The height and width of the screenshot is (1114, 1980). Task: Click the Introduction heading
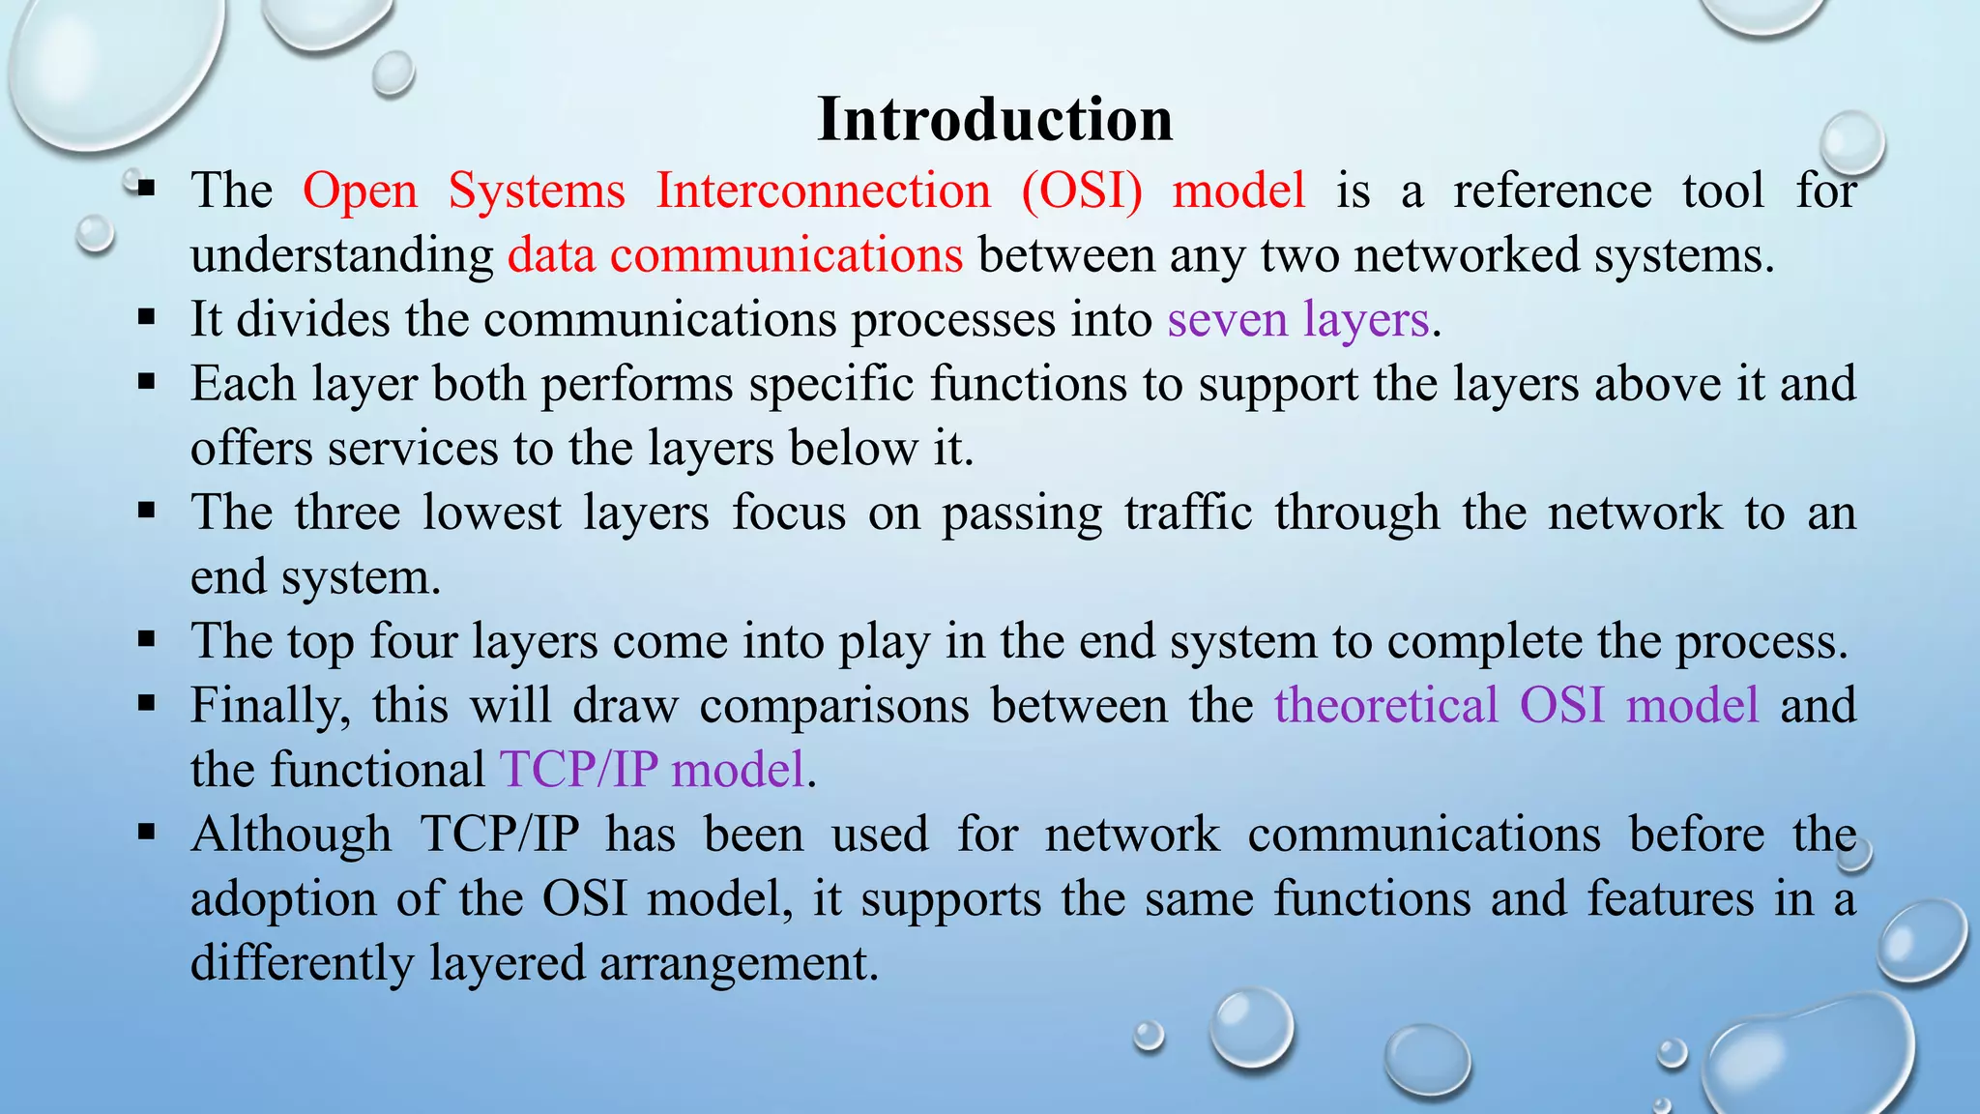[x=995, y=120]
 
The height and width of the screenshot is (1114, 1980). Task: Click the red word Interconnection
[x=824, y=191]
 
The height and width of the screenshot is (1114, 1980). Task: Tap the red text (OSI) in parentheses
[x=1082, y=191]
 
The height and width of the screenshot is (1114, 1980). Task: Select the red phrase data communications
[x=735, y=255]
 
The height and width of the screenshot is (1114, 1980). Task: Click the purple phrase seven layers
[x=1297, y=320]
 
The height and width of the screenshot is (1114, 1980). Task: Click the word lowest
[x=491, y=513]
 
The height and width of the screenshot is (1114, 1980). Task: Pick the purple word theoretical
[x=1385, y=706]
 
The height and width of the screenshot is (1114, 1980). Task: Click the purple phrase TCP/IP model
[x=653, y=771]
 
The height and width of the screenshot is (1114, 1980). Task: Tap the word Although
[x=291, y=835]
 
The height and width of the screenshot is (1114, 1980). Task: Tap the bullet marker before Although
[x=147, y=831]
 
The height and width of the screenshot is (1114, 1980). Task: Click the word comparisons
[x=833, y=706]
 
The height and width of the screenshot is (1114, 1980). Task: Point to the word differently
[x=302, y=963]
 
